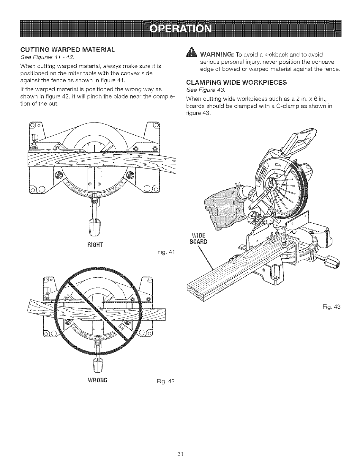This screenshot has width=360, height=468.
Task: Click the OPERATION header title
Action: pyautogui.click(x=180, y=29)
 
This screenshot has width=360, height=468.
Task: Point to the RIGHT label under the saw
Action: pyautogui.click(x=95, y=245)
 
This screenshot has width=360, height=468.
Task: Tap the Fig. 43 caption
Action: pyautogui.click(x=333, y=306)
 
